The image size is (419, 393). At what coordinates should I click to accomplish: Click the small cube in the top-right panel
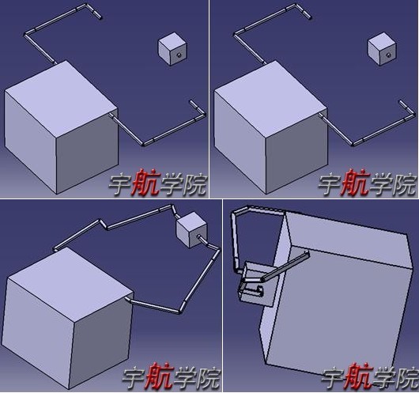(x=379, y=49)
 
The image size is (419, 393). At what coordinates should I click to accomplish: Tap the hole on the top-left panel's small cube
(x=179, y=55)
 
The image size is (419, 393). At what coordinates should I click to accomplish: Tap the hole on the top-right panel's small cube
(x=388, y=55)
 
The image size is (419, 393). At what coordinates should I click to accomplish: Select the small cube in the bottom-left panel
(x=190, y=230)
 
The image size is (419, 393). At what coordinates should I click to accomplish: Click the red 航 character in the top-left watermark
(x=143, y=183)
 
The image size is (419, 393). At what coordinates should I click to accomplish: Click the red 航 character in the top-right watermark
(x=353, y=183)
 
